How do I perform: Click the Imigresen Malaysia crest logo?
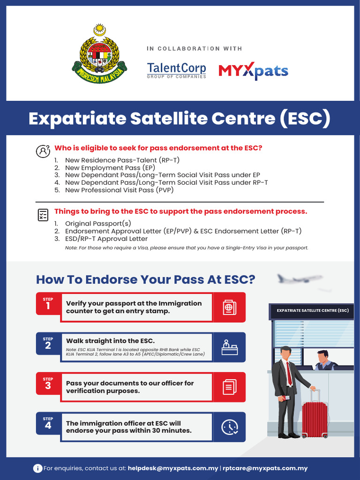coord(99,55)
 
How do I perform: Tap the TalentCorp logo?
coord(176,70)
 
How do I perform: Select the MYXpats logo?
coord(253,71)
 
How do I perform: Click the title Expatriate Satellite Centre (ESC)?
coord(180,119)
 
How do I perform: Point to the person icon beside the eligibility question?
coord(43,151)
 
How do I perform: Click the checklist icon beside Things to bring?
coord(43,215)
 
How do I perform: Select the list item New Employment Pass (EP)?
coord(110,167)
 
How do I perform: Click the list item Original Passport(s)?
coord(98,223)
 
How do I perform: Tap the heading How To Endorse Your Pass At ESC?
coord(146,280)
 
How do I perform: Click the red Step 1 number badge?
coord(48,304)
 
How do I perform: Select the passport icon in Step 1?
coord(229,307)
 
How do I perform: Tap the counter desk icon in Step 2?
coord(229,347)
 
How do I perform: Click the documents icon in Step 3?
coord(229,387)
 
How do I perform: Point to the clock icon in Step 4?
coord(229,427)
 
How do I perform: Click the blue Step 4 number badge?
coord(48,424)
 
